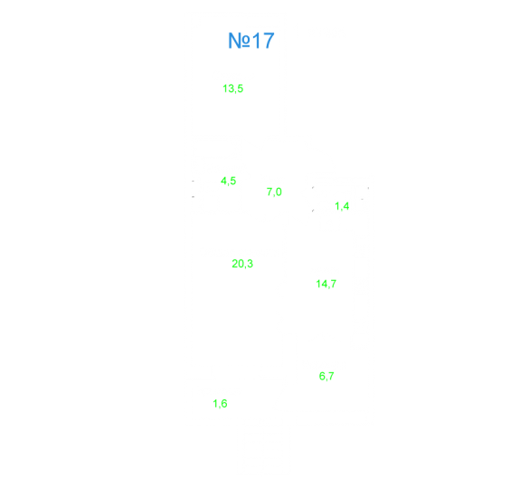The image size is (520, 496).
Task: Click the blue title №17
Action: [x=251, y=41]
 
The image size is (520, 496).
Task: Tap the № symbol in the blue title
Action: [x=239, y=41]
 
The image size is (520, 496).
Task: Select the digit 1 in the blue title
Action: [x=256, y=41]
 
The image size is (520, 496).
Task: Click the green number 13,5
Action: [x=232, y=89]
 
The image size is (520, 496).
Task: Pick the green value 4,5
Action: [x=229, y=181]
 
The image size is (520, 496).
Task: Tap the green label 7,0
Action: [x=274, y=192]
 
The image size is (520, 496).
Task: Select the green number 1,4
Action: [x=342, y=206]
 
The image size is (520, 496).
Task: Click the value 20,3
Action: [x=242, y=264]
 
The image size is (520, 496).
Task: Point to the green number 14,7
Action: [x=326, y=284]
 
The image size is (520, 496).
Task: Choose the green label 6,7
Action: [x=326, y=376]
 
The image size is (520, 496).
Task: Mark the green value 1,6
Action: [x=220, y=404]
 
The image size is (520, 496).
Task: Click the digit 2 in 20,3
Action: [x=234, y=264]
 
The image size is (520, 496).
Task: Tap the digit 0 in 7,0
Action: [x=279, y=192]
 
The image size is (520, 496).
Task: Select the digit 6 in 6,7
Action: [x=322, y=376]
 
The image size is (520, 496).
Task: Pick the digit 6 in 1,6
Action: [x=224, y=404]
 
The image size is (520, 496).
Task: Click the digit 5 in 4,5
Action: [x=233, y=181]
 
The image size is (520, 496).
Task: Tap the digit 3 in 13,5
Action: [x=231, y=89]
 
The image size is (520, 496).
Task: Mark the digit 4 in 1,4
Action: [x=346, y=206]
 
